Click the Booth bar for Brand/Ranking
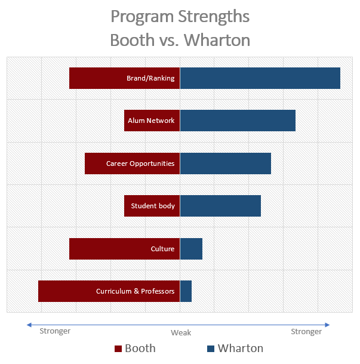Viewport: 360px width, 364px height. click(96, 78)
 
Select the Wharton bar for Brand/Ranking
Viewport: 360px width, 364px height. click(260, 78)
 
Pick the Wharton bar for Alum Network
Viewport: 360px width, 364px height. click(238, 121)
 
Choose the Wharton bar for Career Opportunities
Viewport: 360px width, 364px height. click(226, 163)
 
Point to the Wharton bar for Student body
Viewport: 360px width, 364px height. click(220, 206)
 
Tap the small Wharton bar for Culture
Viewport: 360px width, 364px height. click(191, 248)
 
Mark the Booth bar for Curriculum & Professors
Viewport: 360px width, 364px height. click(66, 291)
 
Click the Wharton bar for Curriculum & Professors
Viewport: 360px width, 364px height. click(186, 291)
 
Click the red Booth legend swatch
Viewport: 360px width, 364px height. click(118, 348)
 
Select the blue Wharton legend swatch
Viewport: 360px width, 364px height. click(210, 348)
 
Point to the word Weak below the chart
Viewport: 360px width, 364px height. click(181, 333)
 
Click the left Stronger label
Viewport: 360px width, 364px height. click(55, 331)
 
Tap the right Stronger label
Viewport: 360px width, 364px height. click(306, 331)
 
